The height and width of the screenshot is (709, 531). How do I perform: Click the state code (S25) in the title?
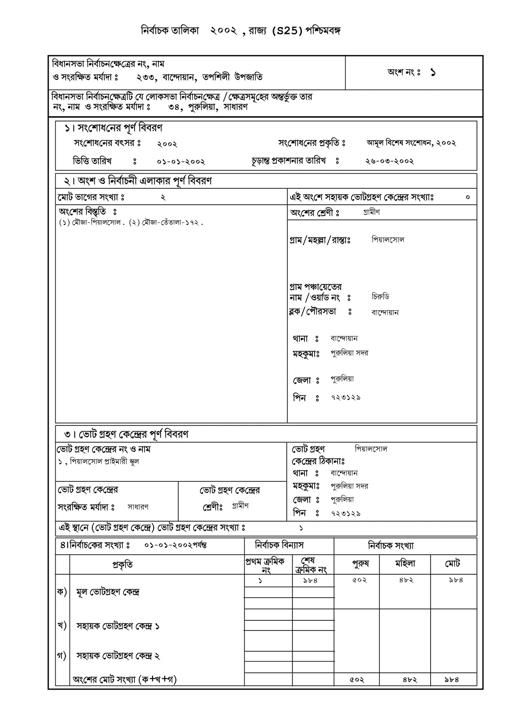[x=287, y=31]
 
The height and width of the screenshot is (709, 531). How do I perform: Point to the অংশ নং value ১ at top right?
[x=432, y=73]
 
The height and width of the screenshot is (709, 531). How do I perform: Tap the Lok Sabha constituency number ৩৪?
[x=176, y=107]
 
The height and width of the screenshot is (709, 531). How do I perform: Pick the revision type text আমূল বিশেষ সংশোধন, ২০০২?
[x=411, y=143]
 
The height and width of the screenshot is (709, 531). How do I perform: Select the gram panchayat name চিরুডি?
[x=380, y=297]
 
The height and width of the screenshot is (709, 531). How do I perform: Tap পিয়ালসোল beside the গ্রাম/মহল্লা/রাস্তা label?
[x=388, y=240]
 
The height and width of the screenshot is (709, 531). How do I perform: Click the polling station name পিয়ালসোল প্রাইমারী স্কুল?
[x=104, y=462]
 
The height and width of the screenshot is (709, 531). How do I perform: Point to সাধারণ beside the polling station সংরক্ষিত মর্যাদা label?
[x=138, y=506]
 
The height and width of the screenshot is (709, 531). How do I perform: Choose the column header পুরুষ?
[x=360, y=564]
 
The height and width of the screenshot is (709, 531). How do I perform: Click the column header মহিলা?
[x=405, y=564]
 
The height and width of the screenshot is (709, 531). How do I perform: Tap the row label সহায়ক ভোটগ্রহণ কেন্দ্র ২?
[x=118, y=656]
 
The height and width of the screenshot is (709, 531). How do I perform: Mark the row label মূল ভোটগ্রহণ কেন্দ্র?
[x=108, y=592]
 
